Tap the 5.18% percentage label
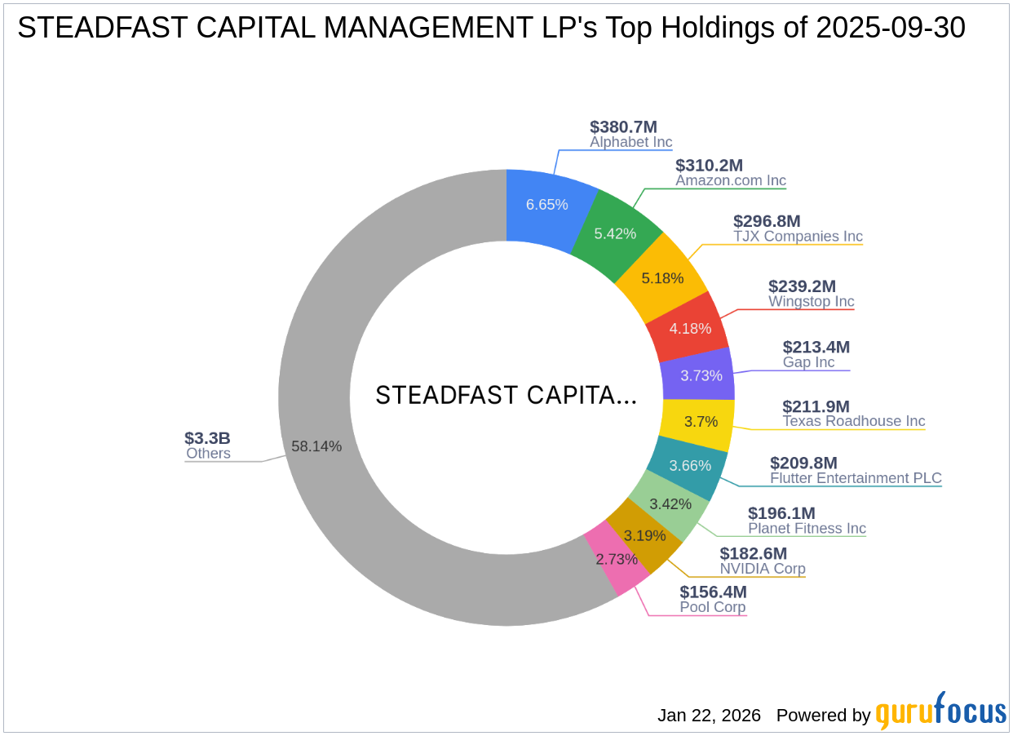coord(662,278)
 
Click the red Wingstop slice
coord(690,328)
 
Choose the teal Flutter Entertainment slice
coord(691,466)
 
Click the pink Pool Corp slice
coord(616,560)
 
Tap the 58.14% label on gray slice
coord(316,446)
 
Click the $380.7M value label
coord(623,126)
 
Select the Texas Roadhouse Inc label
coord(853,421)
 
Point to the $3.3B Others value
coord(207,438)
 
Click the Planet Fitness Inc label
coord(807,528)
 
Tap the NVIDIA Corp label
coord(762,569)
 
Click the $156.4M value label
coord(713,592)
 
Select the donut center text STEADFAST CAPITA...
coord(506,396)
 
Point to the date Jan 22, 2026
coord(709,716)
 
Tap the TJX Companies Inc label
coord(797,237)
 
